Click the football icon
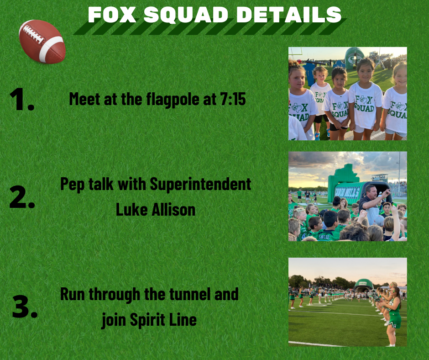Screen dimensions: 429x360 coord(42,42)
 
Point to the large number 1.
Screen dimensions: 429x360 coord(21,99)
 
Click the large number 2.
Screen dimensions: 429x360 coord(22,197)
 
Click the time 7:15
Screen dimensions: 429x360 coord(233,99)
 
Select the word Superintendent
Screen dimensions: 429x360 coord(200,185)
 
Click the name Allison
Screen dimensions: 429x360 coord(173,210)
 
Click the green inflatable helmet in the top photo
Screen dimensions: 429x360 coord(354,58)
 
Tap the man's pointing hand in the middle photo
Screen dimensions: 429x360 coord(386,193)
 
